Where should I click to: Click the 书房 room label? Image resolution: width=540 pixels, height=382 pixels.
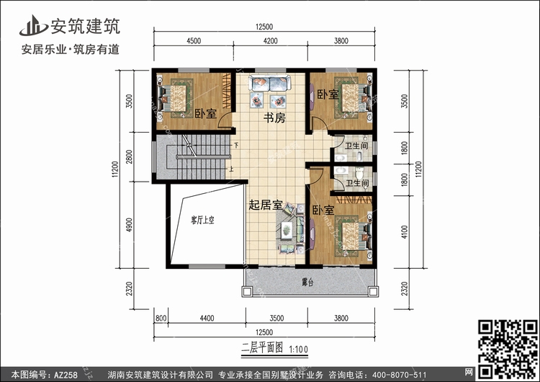click(274, 118)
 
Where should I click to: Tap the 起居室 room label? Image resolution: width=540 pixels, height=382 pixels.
click(266, 205)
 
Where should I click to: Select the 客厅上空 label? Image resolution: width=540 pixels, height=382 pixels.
click(202, 220)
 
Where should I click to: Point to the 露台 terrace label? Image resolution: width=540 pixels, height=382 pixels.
click(307, 283)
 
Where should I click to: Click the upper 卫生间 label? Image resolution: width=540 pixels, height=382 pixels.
click(356, 146)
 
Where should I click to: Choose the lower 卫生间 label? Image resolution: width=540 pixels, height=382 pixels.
click(357, 183)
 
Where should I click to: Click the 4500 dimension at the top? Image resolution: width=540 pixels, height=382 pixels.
click(194, 40)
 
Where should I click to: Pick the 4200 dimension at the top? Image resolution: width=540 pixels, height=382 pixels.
click(270, 40)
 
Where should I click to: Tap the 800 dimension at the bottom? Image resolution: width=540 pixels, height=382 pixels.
click(161, 319)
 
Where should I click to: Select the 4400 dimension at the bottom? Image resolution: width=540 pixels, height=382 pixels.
click(207, 319)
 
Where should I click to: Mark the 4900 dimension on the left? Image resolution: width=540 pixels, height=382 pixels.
click(129, 225)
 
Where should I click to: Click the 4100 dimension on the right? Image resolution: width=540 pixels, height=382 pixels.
click(405, 231)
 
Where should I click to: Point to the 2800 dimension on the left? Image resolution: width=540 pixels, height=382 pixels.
click(129, 156)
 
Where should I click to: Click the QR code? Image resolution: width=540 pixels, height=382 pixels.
click(508, 349)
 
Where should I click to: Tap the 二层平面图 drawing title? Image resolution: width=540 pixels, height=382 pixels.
click(262, 348)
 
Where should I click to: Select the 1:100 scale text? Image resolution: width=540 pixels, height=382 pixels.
click(298, 350)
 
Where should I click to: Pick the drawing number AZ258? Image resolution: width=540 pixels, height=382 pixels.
click(66, 375)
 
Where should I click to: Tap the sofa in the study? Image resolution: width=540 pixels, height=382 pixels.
click(270, 83)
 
